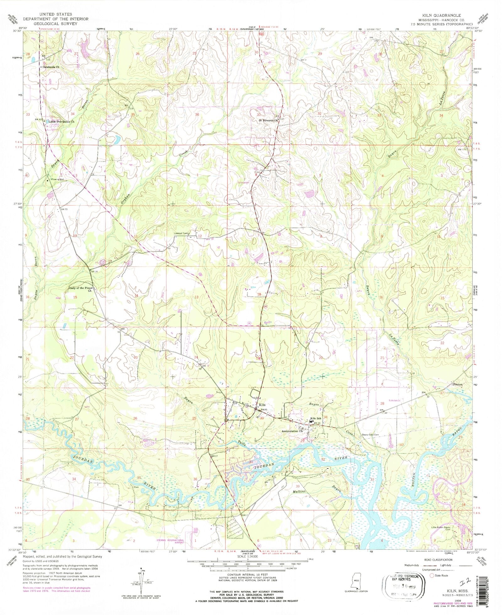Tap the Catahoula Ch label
(x=51, y=67)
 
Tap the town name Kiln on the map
(x=262, y=405)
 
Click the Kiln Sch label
(x=316, y=419)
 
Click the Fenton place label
(x=458, y=384)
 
